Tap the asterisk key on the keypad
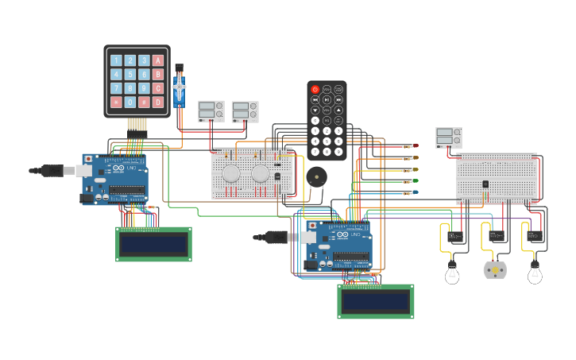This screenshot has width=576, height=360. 116,102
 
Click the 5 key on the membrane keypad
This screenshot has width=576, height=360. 130,74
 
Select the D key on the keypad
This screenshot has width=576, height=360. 158,102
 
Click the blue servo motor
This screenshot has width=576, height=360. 180,88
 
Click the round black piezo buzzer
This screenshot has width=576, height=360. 316,176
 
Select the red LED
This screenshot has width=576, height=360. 413,146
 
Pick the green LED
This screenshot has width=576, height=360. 413,180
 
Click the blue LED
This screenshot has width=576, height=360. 413,192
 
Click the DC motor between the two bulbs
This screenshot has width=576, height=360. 495,270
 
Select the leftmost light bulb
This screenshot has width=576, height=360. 452,273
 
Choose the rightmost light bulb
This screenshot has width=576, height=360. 535,273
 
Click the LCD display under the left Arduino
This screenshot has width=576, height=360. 153,244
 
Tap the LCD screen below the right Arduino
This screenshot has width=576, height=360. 375,301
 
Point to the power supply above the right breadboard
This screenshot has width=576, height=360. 448,137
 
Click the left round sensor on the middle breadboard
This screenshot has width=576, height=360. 231,173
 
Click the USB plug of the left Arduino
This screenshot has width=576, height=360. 52,170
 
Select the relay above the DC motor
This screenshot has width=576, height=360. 496,235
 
